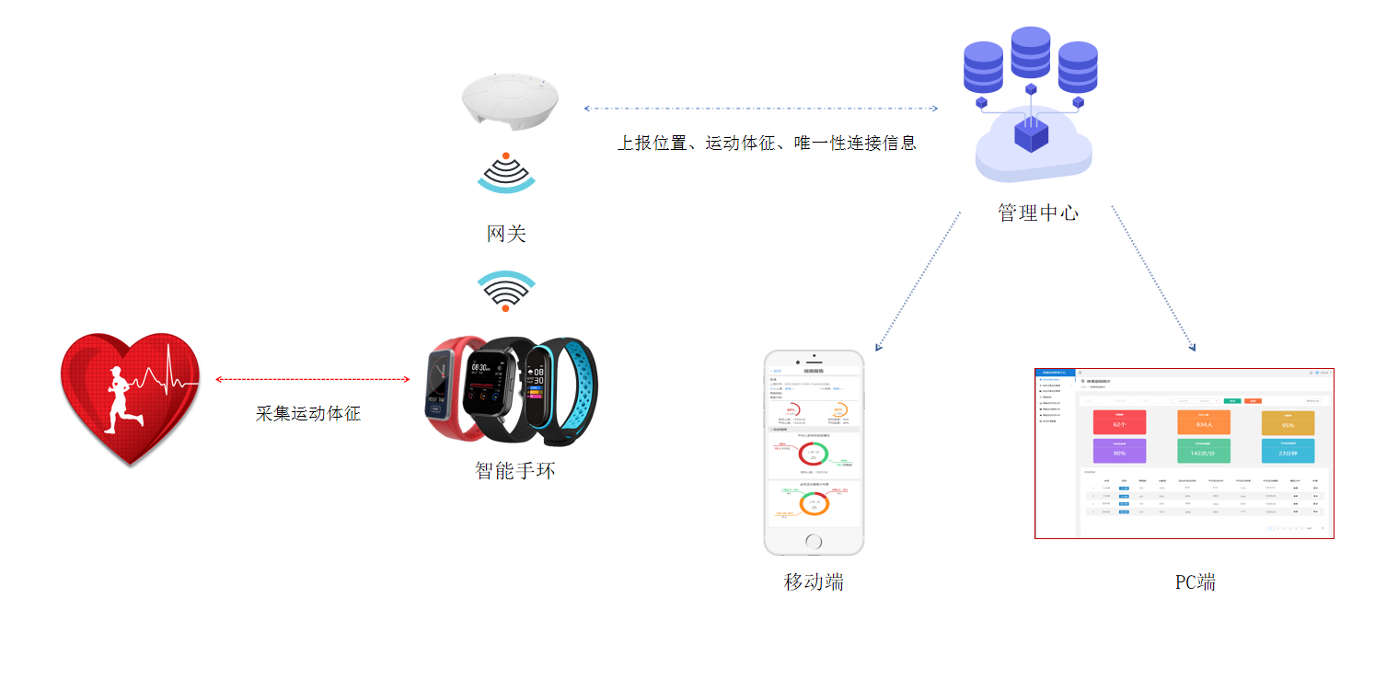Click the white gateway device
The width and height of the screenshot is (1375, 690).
tap(510, 102)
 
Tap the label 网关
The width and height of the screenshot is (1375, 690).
tap(506, 234)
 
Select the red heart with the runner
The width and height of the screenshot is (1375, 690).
tap(129, 396)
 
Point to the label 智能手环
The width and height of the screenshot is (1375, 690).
tap(515, 470)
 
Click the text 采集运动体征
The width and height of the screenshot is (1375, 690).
tap(307, 413)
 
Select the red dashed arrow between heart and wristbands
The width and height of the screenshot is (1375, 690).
tap(312, 379)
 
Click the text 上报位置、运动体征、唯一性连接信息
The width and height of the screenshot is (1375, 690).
tap(767, 144)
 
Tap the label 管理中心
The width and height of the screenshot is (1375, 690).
tap(1038, 213)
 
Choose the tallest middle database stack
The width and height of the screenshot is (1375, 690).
tap(1031, 53)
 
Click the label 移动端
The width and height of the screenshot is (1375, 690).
tap(814, 581)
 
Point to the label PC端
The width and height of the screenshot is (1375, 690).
tap(1195, 582)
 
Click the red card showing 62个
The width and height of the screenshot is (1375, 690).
tap(1119, 423)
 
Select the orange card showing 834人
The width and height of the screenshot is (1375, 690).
tap(1203, 423)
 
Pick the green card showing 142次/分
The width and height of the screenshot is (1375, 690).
tap(1203, 451)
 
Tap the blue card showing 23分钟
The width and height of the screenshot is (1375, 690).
tap(1288, 451)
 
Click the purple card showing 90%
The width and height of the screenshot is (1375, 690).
tap(1119, 451)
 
